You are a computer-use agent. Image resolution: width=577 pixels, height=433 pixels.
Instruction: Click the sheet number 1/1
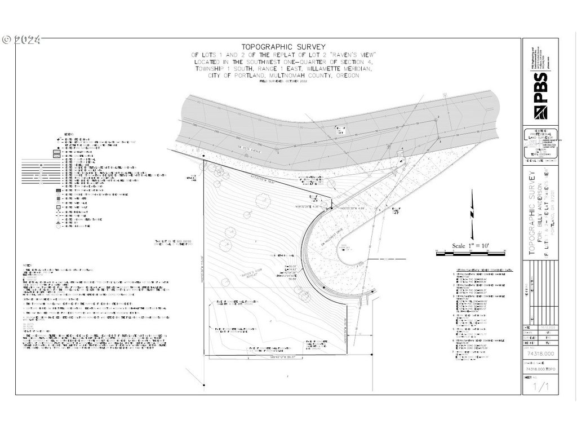point(540,388)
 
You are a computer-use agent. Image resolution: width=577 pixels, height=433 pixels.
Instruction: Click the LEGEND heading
point(67,134)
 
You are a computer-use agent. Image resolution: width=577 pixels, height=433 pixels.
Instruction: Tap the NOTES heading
point(26,264)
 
